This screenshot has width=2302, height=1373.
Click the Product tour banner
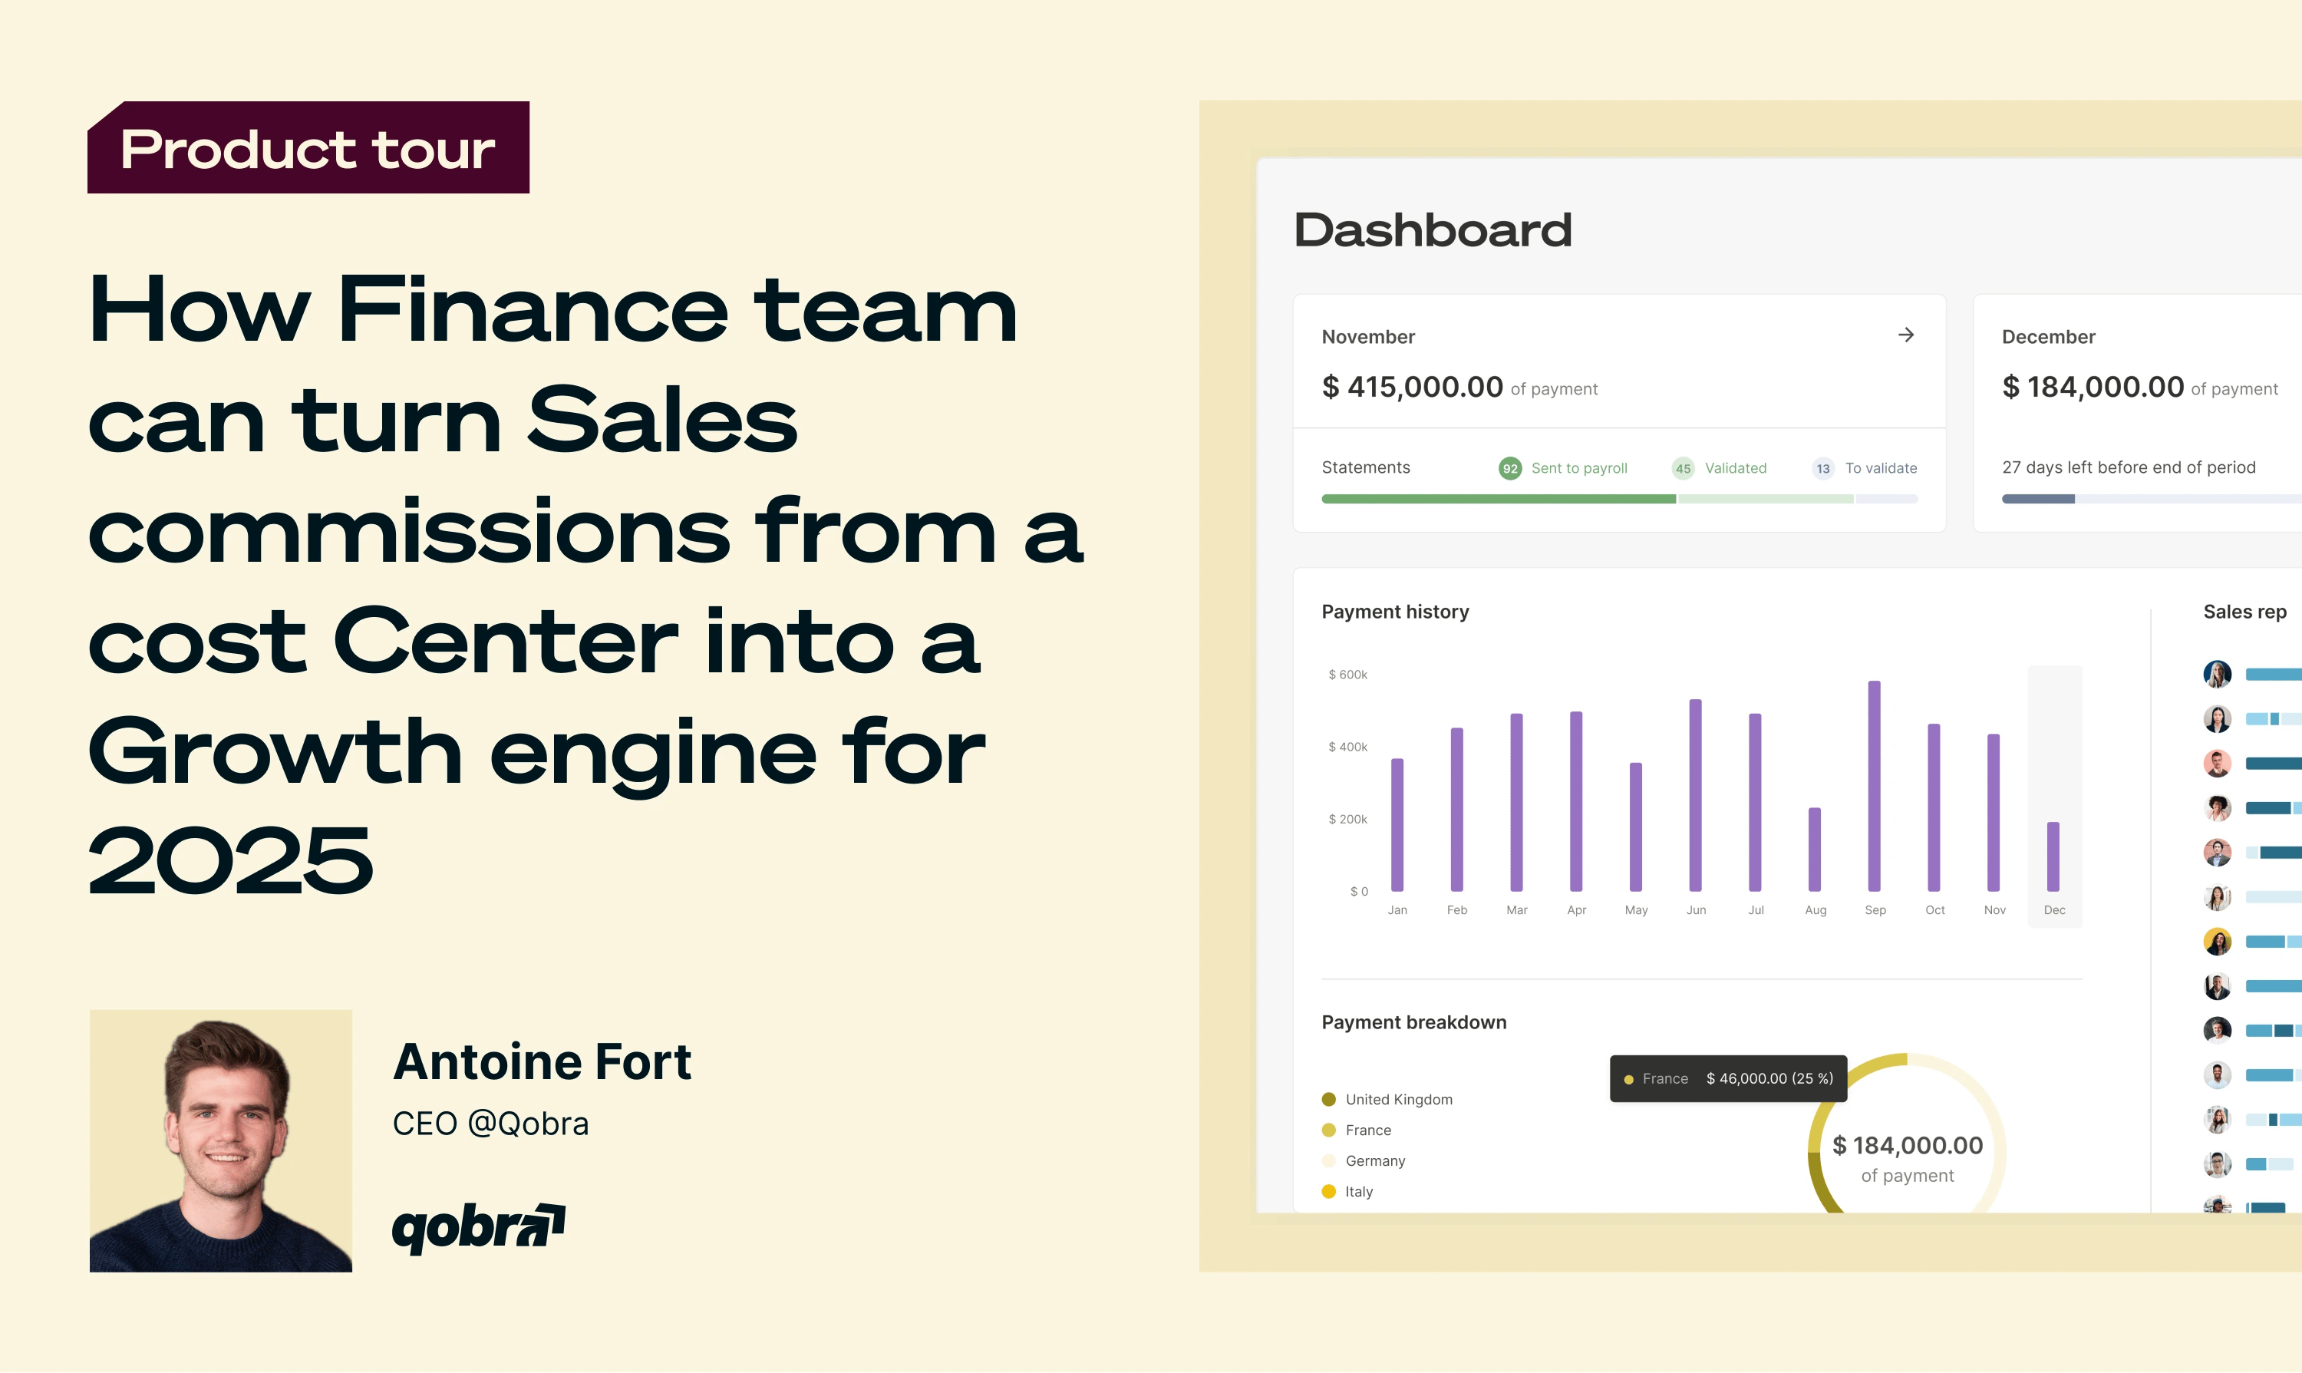point(308,147)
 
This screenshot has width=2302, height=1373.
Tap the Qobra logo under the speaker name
point(478,1228)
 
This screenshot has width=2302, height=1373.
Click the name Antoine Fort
point(542,1061)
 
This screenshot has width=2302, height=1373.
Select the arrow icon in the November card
point(1906,335)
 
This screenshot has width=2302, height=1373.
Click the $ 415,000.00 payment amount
point(1412,387)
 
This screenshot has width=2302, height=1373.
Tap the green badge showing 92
point(1510,468)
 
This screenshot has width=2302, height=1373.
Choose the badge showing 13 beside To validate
point(1823,468)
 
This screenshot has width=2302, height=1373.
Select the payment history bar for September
point(1875,787)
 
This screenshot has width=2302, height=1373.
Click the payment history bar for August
point(1815,850)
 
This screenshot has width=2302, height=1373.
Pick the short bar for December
point(2053,856)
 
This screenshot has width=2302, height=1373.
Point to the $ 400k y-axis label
point(1347,747)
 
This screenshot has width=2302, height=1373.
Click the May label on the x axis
point(1636,910)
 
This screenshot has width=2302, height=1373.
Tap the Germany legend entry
point(1364,1161)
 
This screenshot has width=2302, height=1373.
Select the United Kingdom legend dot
point(1329,1099)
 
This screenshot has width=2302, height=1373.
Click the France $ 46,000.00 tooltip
point(1729,1079)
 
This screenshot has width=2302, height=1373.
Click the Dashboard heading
point(1433,229)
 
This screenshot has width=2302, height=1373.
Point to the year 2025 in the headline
point(230,860)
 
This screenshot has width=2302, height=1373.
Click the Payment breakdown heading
point(1414,1022)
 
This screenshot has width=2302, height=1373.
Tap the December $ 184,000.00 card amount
point(2092,387)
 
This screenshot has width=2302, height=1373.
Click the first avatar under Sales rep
point(2217,675)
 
